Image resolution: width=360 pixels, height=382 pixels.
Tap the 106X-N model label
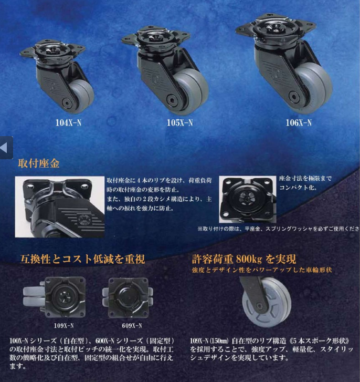[299, 123]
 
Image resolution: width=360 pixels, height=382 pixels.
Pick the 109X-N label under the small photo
[64, 325]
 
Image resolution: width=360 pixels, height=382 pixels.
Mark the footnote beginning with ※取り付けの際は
[278, 229]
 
